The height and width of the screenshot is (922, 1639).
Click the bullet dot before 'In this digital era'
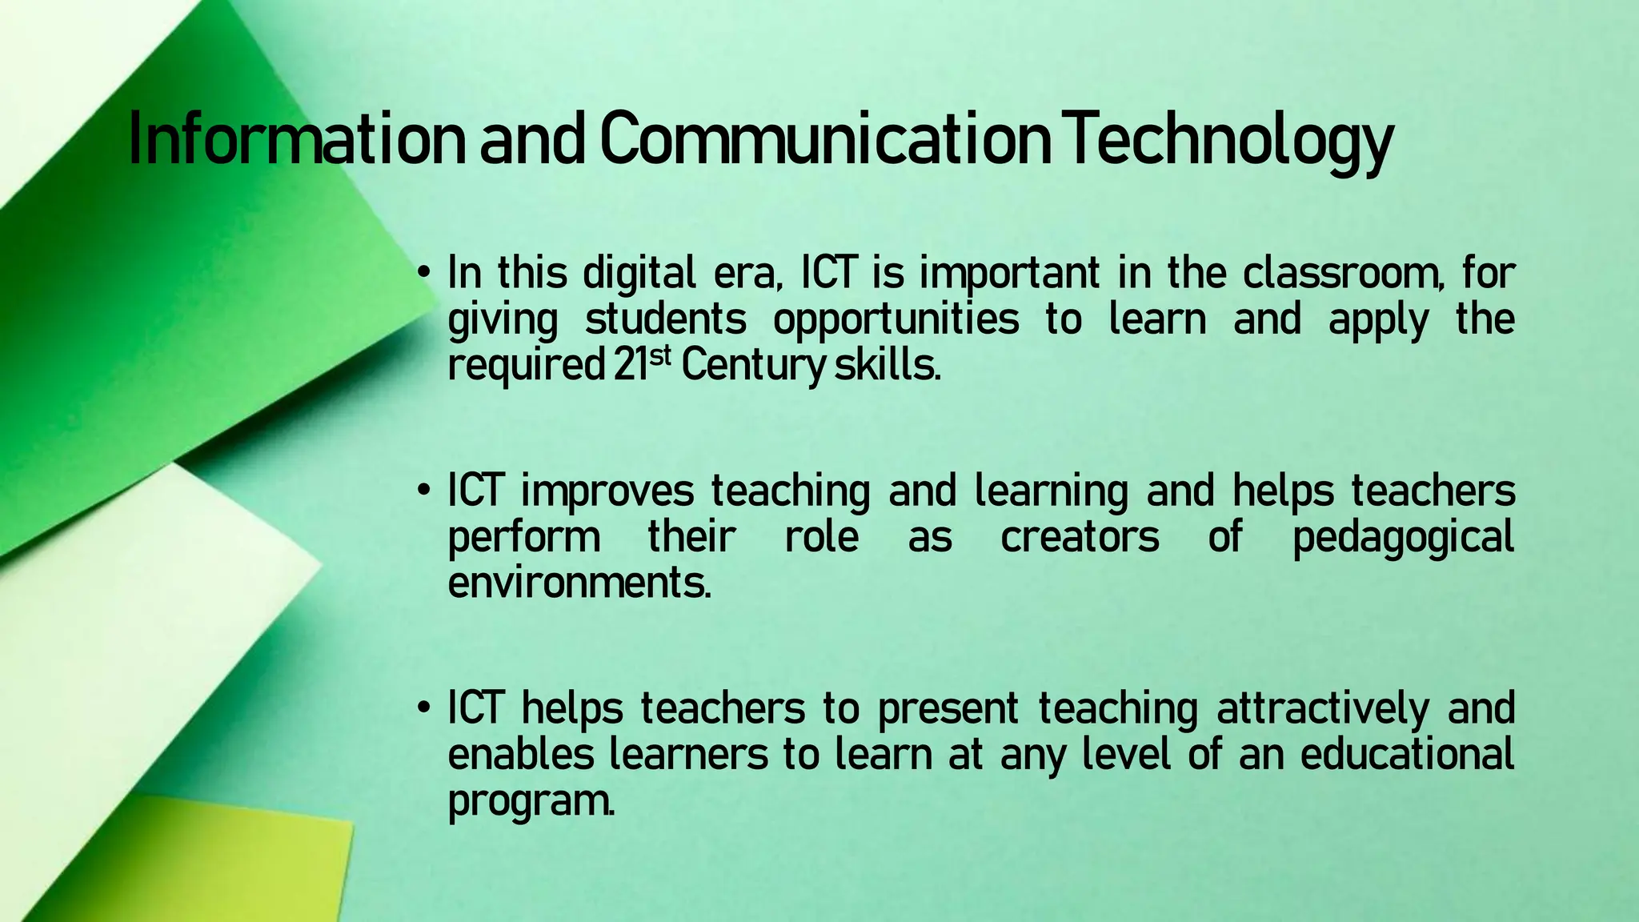(x=425, y=274)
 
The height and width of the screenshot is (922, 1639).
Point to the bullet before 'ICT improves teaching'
(x=425, y=491)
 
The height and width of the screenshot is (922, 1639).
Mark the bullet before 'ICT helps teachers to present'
(x=425, y=709)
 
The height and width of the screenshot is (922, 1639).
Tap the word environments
(x=578, y=583)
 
